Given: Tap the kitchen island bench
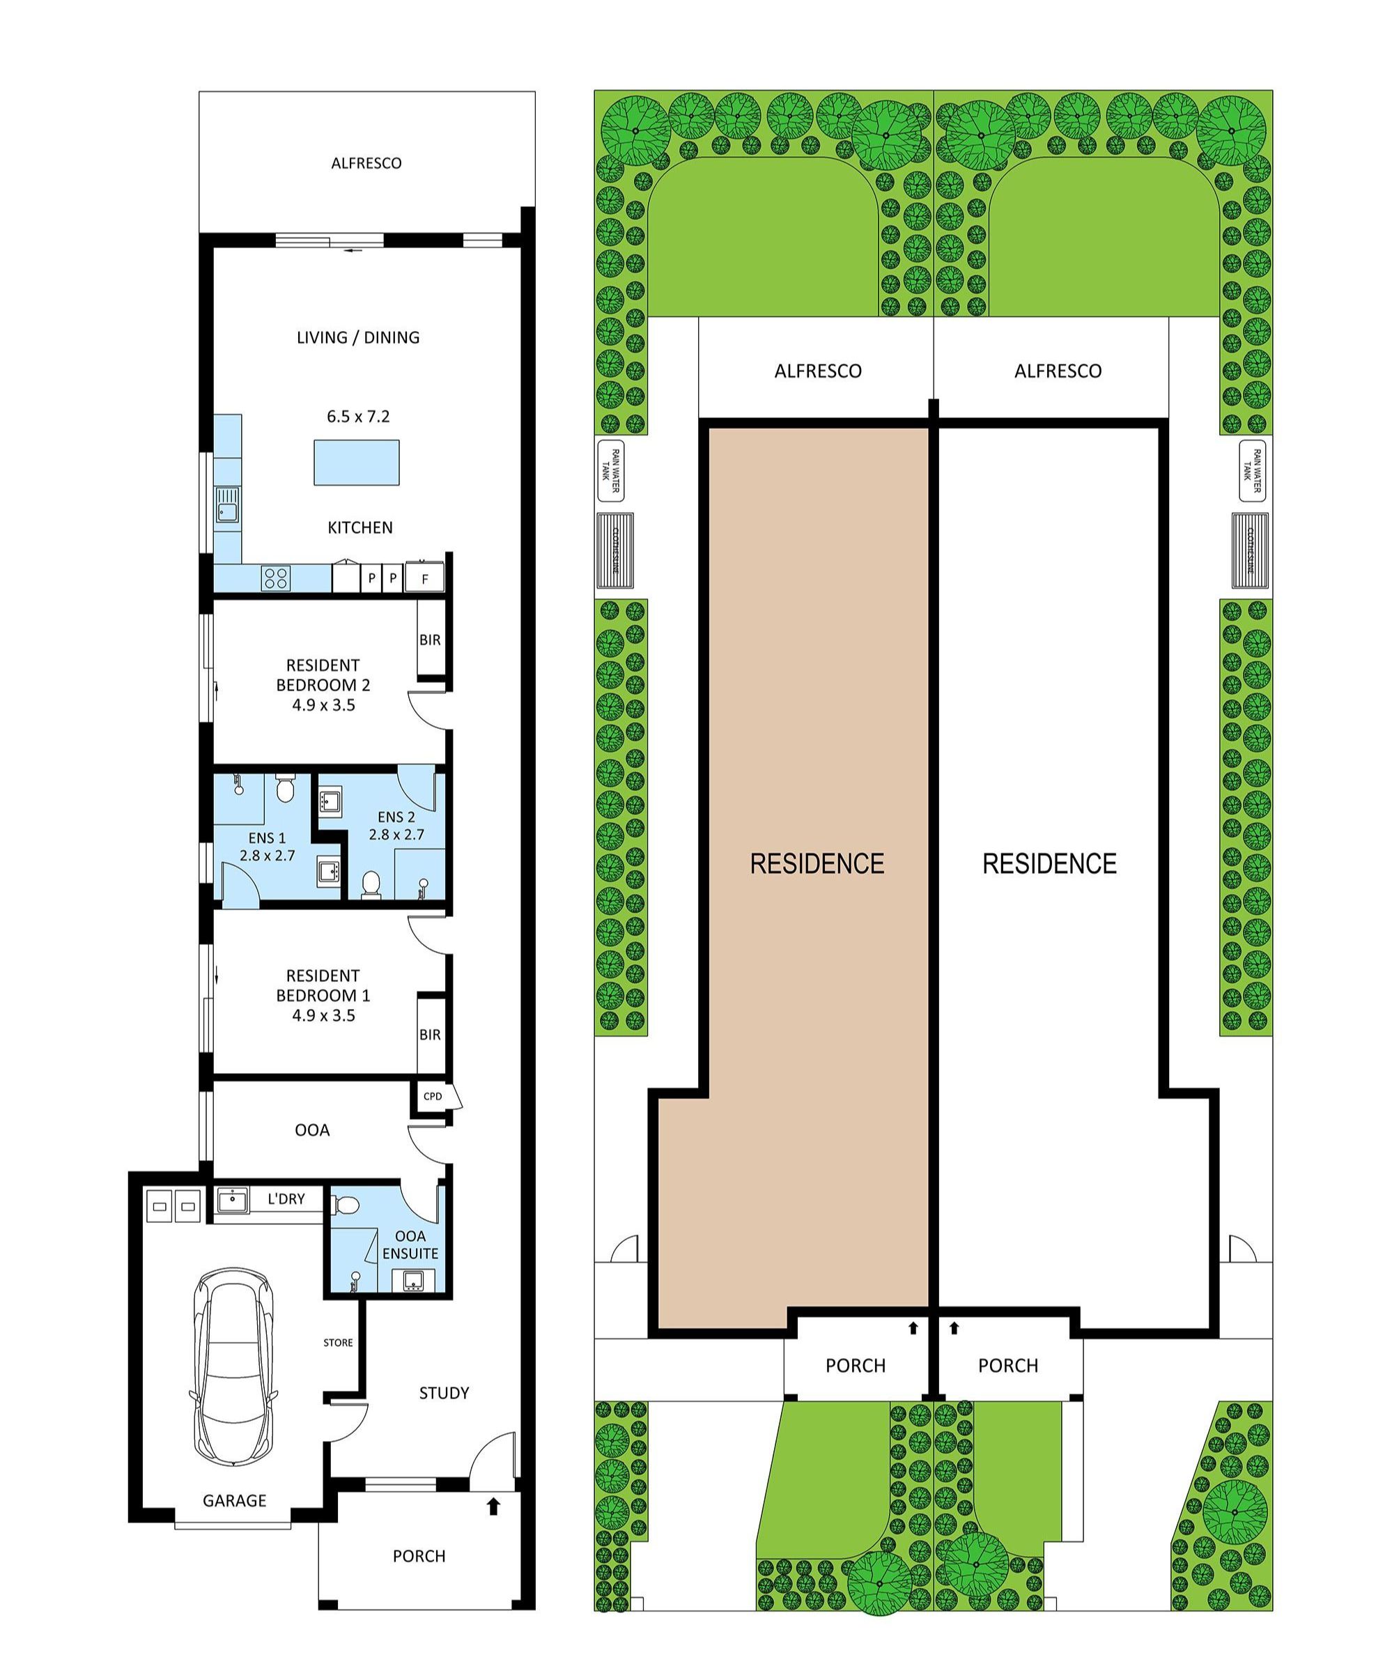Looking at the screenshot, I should pos(357,463).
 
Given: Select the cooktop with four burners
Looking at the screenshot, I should pos(277,578).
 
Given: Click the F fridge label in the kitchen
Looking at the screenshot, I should pos(425,579).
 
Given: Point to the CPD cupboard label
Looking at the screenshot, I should pos(433,1097).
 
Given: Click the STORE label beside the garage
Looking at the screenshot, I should pos(339,1342).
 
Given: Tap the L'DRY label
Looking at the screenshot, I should pos(286,1199).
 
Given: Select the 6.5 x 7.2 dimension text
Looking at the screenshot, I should pos(358,417).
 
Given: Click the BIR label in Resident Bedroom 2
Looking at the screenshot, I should pos(430,640).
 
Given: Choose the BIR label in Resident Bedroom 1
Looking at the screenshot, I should pos(430,1035).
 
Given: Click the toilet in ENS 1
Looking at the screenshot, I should pos(285,789).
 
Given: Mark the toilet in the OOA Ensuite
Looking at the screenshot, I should pos(347,1206).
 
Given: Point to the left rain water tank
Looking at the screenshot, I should pos(610,472).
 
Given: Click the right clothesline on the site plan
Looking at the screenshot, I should pos(1250,551).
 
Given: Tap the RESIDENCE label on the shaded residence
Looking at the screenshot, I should pos(817,863).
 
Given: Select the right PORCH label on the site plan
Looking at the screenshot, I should pos(1007,1365).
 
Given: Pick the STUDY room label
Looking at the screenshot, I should pos(444,1393).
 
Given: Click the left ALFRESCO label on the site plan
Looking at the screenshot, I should pos(818,371).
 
